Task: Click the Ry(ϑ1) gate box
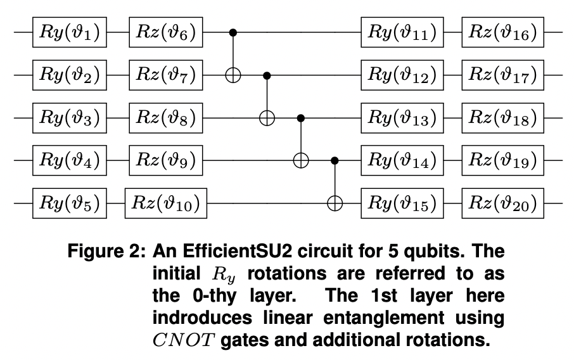tap(70, 32)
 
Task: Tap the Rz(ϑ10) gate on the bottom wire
tap(167, 203)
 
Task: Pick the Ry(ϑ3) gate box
tap(70, 118)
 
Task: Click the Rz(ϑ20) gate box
tap(503, 203)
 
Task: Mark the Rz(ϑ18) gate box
tap(503, 118)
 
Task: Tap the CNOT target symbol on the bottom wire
tap(334, 203)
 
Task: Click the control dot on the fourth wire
tap(334, 160)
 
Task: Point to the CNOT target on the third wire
tap(267, 118)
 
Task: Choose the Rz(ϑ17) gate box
tap(503, 75)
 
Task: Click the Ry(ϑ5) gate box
tap(70, 203)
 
